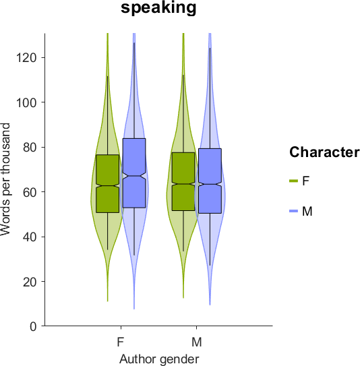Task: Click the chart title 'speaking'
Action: tap(158, 8)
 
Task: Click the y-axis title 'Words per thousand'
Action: tap(5, 179)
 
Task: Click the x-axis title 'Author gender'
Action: tap(159, 359)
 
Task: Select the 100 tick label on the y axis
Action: tap(26, 102)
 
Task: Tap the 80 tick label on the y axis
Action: tap(30, 148)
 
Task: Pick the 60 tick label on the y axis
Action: tap(30, 192)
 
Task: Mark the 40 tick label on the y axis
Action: tap(30, 237)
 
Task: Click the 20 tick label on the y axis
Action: tap(30, 282)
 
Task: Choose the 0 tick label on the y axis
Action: tap(33, 326)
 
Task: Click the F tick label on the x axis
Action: tap(120, 342)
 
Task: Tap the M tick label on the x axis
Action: tap(197, 342)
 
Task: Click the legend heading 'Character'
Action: tap(324, 152)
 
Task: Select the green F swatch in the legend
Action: tap(294, 181)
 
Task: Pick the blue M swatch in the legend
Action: tap(294, 211)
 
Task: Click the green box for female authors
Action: tap(107, 184)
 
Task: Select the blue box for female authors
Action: tap(134, 173)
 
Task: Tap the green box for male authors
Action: tap(183, 181)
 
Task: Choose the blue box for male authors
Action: tap(210, 181)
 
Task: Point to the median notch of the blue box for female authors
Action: tap(134, 176)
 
